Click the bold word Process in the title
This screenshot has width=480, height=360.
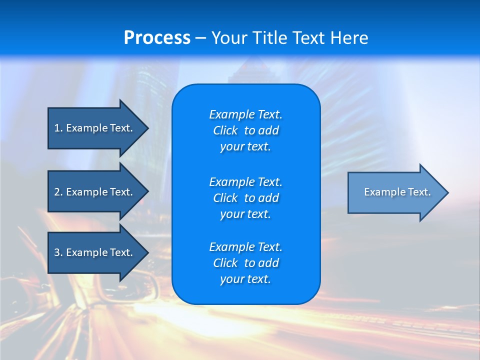click(x=157, y=38)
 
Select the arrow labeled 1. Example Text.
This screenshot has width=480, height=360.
click(x=95, y=128)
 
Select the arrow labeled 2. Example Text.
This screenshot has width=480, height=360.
click(x=95, y=192)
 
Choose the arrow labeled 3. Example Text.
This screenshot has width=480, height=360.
click(x=95, y=252)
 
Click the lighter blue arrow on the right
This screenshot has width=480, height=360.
click(x=395, y=192)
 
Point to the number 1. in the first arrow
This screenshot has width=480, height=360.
click(x=58, y=128)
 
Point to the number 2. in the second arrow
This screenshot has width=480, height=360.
click(x=58, y=192)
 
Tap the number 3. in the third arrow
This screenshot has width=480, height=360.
click(x=58, y=252)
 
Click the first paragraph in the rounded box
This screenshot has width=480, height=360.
click(x=245, y=130)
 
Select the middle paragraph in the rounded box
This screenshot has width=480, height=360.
click(x=245, y=197)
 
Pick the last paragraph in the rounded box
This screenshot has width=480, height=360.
click(x=245, y=263)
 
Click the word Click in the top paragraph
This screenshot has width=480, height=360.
click(x=225, y=130)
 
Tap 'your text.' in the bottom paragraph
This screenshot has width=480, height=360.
click(x=245, y=279)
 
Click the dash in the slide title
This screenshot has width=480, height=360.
click(x=200, y=38)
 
